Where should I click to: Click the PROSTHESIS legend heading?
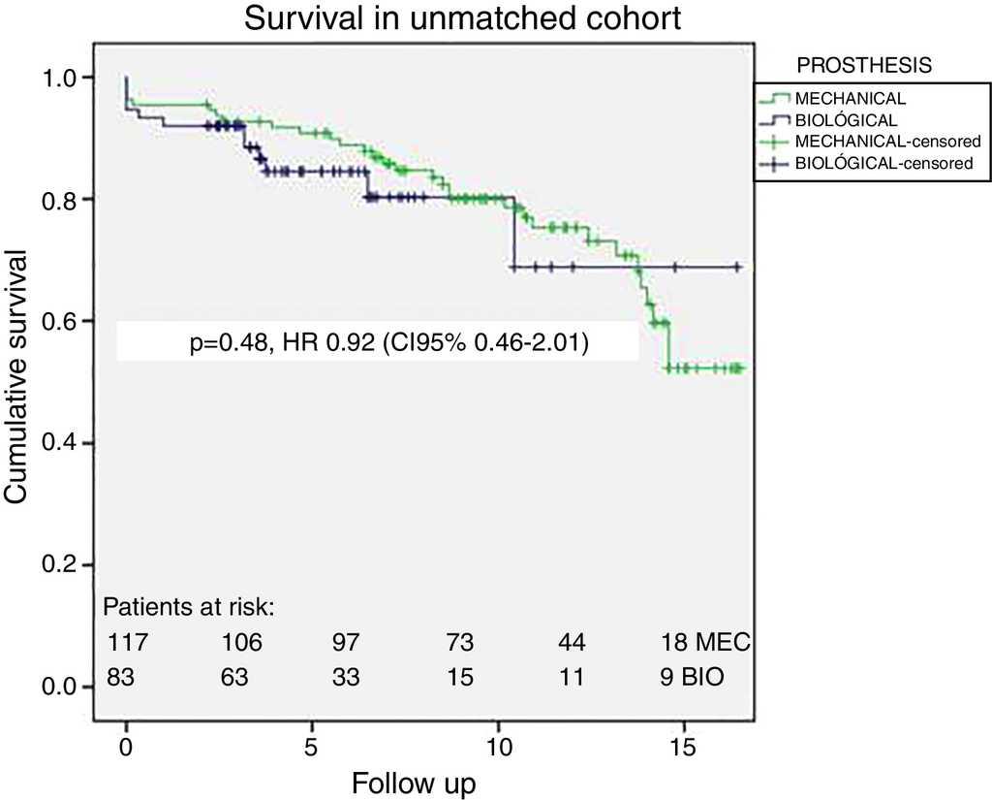pos(863,66)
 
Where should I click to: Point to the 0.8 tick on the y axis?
pos(74,199)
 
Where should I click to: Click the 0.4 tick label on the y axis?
pos(74,443)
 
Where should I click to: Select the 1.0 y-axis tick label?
pos(74,77)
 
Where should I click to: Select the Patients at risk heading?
pos(189,608)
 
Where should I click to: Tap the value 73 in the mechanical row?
pos(460,643)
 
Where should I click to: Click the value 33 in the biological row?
pos(346,677)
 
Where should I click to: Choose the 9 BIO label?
pos(690,677)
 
